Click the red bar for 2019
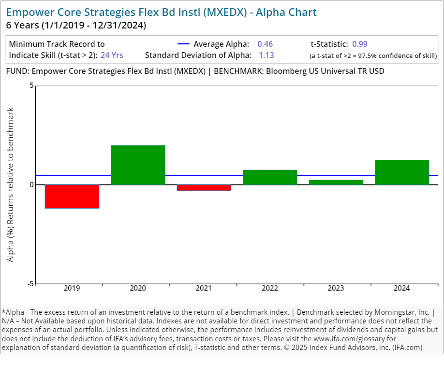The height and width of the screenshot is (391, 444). [72, 196]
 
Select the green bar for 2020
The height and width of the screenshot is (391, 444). [138, 165]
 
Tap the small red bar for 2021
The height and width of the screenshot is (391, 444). [204, 188]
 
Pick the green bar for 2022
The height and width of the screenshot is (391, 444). [270, 177]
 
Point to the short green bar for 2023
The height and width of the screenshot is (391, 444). [336, 182]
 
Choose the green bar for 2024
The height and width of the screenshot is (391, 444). [402, 172]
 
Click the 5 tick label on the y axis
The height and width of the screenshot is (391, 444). [31, 86]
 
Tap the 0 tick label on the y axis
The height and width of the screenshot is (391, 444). [31, 185]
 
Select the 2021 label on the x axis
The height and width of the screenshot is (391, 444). [204, 289]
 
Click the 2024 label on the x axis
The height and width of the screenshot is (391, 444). [402, 289]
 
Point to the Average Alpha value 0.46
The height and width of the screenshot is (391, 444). [265, 44]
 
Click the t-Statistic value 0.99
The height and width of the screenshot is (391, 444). [360, 44]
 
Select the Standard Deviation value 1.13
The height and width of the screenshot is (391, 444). [266, 55]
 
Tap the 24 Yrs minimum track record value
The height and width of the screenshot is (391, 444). [112, 55]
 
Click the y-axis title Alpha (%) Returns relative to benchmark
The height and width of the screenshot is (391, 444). [11, 185]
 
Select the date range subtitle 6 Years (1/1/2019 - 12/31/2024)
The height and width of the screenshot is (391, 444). [76, 25]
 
